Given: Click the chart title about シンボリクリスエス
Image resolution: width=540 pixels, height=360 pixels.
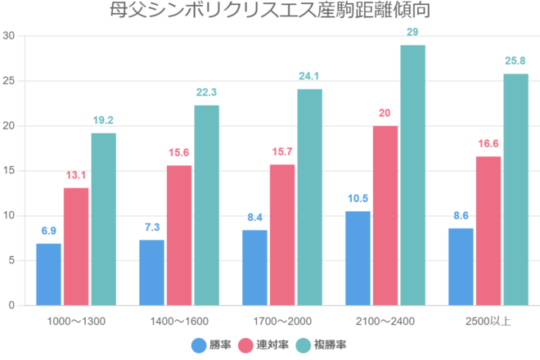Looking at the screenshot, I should pyautogui.click(x=270, y=11).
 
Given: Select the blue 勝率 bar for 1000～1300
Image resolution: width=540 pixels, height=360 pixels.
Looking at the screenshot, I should pyautogui.click(x=48, y=274).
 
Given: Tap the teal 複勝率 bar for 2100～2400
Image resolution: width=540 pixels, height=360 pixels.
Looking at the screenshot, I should pyautogui.click(x=413, y=175).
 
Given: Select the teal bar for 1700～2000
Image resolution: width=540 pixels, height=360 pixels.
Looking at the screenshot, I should pyautogui.click(x=310, y=197).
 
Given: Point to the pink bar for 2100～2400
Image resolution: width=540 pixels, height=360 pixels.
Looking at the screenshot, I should pyautogui.click(x=385, y=215).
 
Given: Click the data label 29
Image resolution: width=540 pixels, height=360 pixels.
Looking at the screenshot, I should pyautogui.click(x=413, y=33).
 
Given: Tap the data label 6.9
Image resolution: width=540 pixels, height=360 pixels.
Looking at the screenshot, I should pyautogui.click(x=48, y=232).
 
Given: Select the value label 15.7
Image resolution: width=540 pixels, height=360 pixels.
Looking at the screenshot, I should pyautogui.click(x=282, y=152).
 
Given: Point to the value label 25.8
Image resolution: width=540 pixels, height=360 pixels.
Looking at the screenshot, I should pyautogui.click(x=515, y=61).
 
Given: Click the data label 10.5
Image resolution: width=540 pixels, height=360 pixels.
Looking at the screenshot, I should pyautogui.click(x=358, y=199).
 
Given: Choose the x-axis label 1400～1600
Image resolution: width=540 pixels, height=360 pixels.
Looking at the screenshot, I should pyautogui.click(x=179, y=321).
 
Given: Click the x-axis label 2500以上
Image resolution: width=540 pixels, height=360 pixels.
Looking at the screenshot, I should pyautogui.click(x=488, y=321).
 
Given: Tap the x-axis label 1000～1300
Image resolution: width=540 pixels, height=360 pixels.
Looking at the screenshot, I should pyautogui.click(x=76, y=321).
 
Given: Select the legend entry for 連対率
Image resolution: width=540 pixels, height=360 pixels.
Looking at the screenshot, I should pyautogui.click(x=265, y=345).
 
